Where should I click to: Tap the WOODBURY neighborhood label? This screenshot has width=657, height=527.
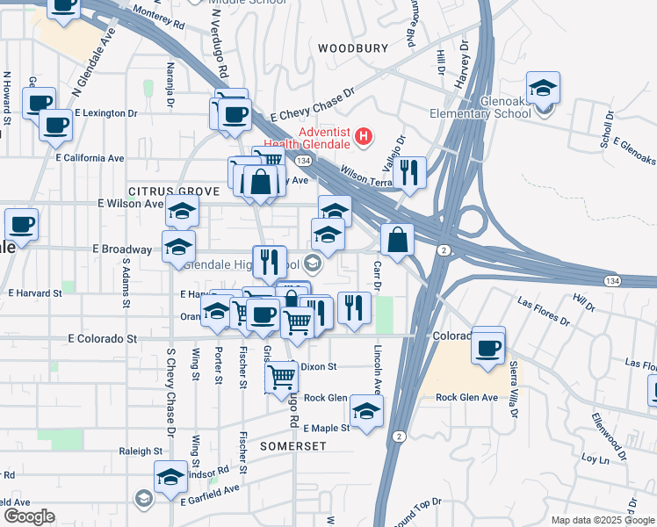point(352,48)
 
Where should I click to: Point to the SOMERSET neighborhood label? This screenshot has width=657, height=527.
point(293,446)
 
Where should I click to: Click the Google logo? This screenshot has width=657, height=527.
point(28,516)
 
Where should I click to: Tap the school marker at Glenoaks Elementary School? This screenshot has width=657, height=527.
point(544,89)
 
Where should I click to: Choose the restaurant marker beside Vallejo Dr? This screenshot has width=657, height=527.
point(409,172)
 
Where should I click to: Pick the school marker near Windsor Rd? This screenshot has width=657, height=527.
point(170,477)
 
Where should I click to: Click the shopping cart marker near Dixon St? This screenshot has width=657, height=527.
point(281,377)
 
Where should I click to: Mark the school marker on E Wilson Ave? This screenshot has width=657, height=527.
point(183,212)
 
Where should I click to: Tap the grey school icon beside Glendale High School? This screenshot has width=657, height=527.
point(312,263)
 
